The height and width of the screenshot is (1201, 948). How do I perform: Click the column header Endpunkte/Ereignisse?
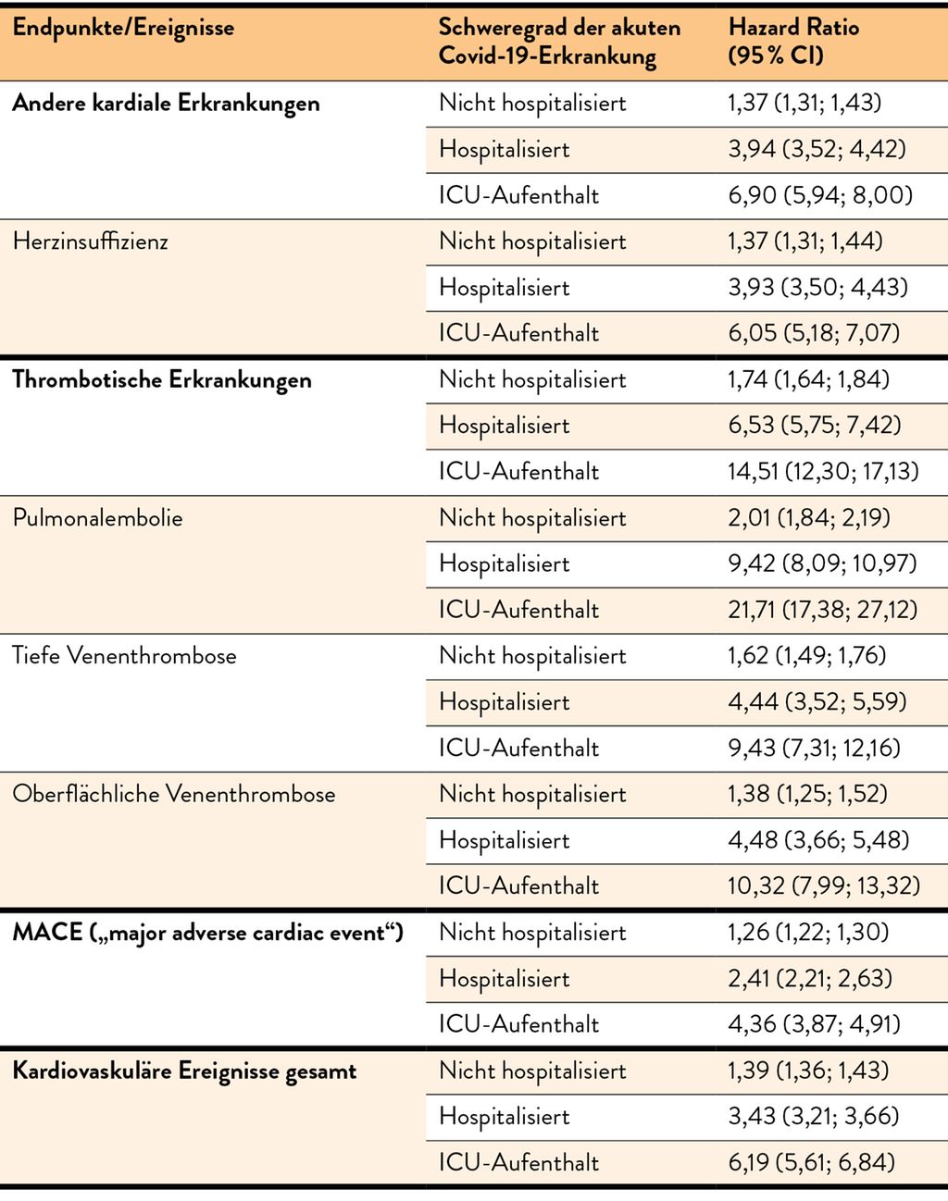tap(123, 28)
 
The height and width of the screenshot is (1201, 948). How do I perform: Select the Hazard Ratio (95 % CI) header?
tap(793, 42)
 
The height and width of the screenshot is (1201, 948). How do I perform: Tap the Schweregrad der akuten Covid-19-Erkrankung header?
tap(559, 42)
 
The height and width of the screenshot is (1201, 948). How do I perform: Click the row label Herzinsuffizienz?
tap(90, 241)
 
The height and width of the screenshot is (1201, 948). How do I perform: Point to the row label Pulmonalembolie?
tap(98, 518)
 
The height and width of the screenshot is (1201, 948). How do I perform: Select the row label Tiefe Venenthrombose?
tap(124, 656)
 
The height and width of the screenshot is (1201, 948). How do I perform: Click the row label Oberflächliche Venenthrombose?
tap(174, 794)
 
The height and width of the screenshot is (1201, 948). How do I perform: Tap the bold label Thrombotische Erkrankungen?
tap(162, 380)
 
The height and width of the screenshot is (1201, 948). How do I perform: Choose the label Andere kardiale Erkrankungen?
tap(166, 104)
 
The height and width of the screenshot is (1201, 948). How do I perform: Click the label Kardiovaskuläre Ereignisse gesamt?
tap(184, 1071)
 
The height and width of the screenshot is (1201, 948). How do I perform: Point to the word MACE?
tap(47, 933)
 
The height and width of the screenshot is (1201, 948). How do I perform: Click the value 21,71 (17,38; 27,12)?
tap(822, 610)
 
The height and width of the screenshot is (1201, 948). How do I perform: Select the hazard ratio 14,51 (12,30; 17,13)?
tap(823, 472)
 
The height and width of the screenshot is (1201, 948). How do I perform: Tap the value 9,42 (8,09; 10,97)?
tap(822, 563)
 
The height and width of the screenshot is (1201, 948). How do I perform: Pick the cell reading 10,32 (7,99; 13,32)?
tap(824, 885)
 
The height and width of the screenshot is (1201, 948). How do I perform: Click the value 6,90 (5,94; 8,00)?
tap(820, 195)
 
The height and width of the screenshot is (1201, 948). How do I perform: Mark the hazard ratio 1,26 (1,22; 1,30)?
tap(808, 932)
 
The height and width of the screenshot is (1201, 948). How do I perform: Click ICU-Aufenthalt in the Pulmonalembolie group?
tap(518, 610)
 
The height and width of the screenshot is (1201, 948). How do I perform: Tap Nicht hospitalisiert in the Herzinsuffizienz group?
tap(532, 241)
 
